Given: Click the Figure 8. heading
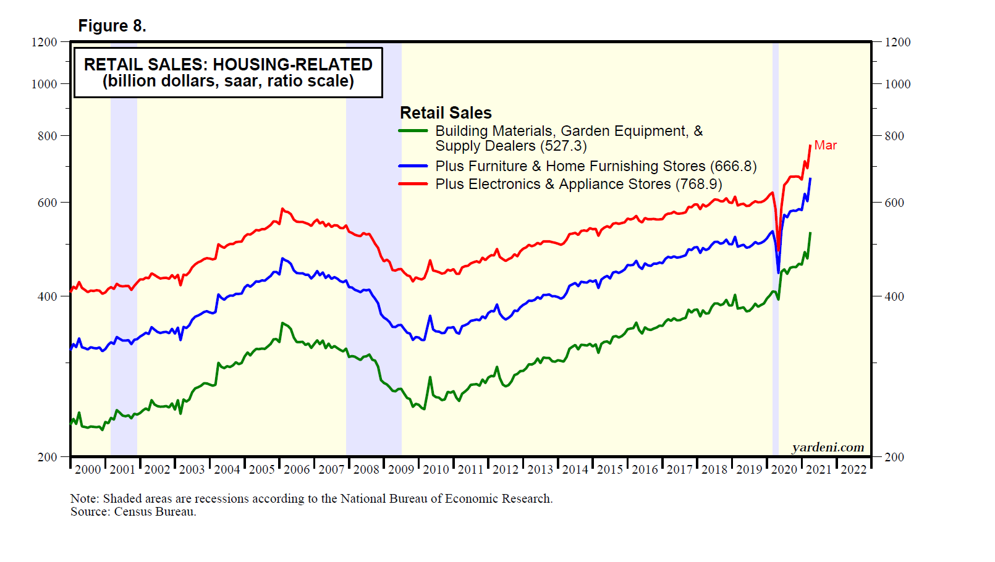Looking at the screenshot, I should point(112,26).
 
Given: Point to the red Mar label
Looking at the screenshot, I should point(825,145).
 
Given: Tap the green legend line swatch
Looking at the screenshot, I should point(413,131).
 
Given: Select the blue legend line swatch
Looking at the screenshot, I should point(413,166).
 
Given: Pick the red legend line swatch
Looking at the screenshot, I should point(413,184).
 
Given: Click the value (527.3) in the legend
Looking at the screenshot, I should point(564,146).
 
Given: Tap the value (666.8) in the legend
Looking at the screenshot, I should point(734,166).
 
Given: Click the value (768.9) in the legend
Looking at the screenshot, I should point(699,184).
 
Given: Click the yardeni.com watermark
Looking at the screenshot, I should point(828,447).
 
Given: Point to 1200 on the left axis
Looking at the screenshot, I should point(44,42).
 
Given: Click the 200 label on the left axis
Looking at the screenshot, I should point(47,457).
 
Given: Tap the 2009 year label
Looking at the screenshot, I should point(401,469).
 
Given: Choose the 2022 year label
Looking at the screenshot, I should point(853,469).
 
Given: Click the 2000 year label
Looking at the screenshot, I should point(88,469).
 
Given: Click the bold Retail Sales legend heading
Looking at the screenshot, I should point(446,113).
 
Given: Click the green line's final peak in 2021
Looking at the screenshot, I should point(810,233).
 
